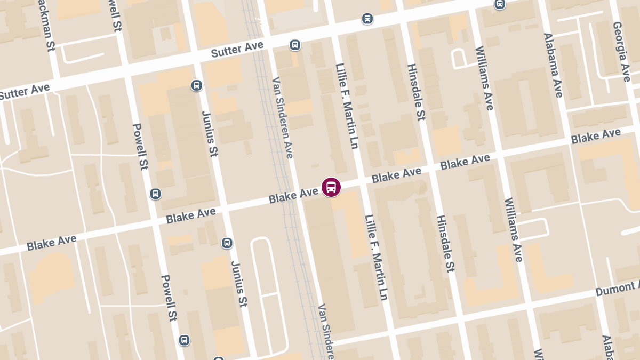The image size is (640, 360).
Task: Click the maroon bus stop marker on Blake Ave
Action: (x=331, y=187)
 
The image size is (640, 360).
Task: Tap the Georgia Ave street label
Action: (x=622, y=52)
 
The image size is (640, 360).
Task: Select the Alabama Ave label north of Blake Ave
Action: (x=553, y=65)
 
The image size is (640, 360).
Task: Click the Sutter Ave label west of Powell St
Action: (x=25, y=92)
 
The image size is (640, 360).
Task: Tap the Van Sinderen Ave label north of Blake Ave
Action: (x=283, y=117)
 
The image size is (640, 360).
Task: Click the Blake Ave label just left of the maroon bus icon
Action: (x=293, y=196)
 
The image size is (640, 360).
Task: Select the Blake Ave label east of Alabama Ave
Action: (x=596, y=136)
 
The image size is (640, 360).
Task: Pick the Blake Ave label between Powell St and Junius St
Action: (x=190, y=215)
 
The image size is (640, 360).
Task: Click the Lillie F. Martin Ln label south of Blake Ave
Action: (x=376, y=257)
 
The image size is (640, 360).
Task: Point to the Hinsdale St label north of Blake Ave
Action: (x=416, y=92)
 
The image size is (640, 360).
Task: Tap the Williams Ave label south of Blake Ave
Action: (x=513, y=229)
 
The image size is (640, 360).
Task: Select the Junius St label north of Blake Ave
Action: (x=210, y=134)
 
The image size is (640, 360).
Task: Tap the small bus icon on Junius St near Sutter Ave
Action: (x=196, y=85)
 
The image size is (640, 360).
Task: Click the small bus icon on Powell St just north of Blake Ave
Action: (x=155, y=194)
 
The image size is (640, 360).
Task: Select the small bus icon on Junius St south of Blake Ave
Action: (x=227, y=243)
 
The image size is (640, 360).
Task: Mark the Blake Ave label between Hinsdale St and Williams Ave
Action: (x=465, y=162)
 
